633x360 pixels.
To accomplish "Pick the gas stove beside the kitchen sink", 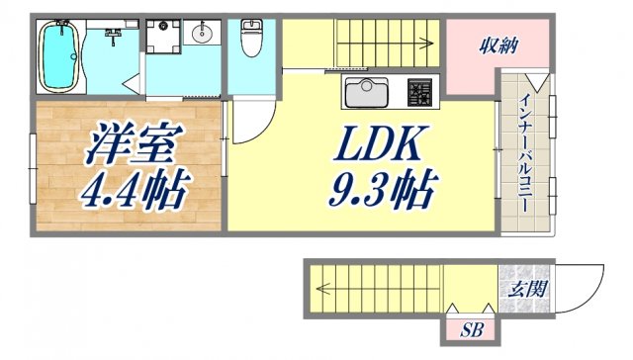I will tap(420, 94).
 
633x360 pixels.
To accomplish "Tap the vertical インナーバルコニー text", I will tap(523, 159).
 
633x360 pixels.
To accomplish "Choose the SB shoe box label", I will tap(469, 331).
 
